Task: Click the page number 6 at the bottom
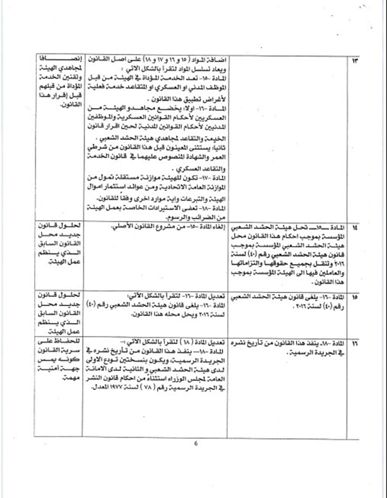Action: click(196, 444)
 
